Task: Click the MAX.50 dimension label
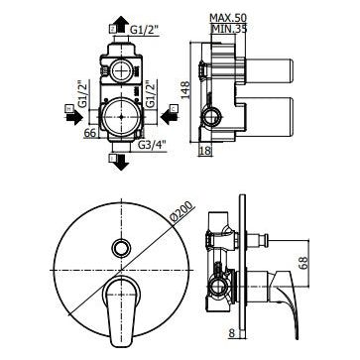228,17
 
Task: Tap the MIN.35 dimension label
229,29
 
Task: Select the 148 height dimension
185,89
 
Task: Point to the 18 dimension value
205,151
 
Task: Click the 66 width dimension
90,133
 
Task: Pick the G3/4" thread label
152,145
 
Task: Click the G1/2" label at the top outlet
144,30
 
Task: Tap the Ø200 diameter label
180,211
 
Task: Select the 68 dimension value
304,262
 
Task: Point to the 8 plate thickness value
232,333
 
